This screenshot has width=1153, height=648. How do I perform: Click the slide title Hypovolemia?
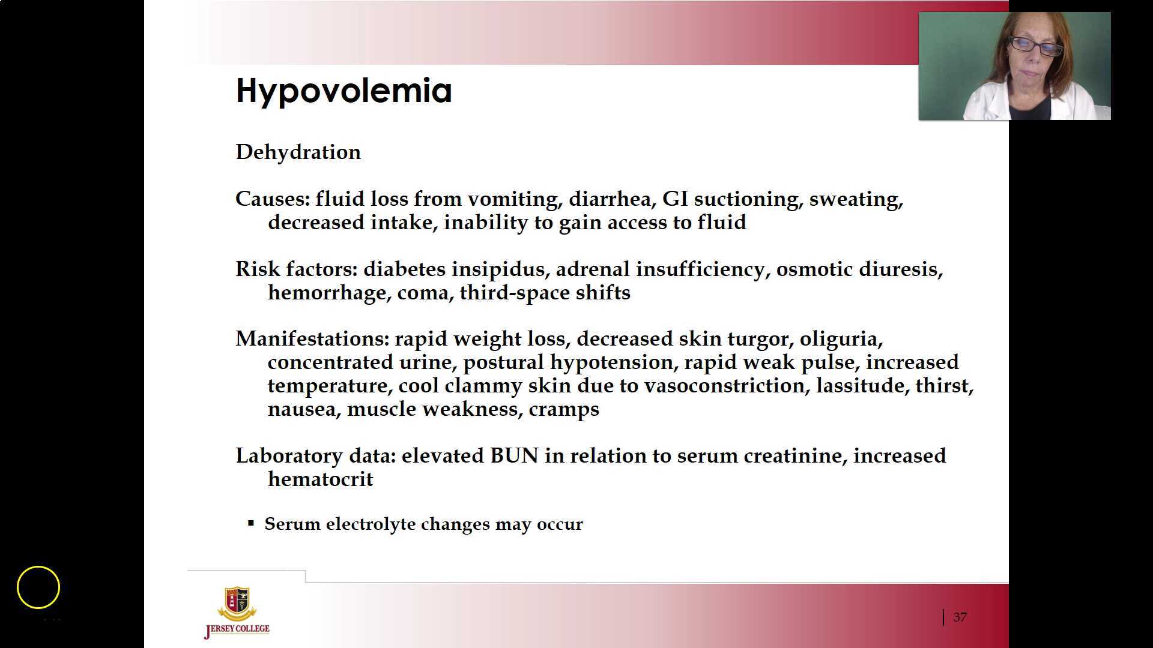(x=343, y=91)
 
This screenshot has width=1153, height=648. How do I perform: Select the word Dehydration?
(x=298, y=152)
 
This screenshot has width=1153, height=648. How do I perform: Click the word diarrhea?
(x=613, y=199)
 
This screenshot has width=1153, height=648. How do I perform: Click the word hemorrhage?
(x=330, y=293)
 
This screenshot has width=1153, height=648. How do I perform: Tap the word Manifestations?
(x=312, y=339)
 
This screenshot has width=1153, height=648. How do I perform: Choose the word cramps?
(x=564, y=410)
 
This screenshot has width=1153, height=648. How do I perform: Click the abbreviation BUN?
(x=515, y=456)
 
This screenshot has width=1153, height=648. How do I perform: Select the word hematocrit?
(x=321, y=479)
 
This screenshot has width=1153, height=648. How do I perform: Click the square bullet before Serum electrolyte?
(x=251, y=523)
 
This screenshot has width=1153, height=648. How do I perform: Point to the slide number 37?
(x=960, y=617)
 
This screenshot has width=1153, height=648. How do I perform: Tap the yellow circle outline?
(x=38, y=566)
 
